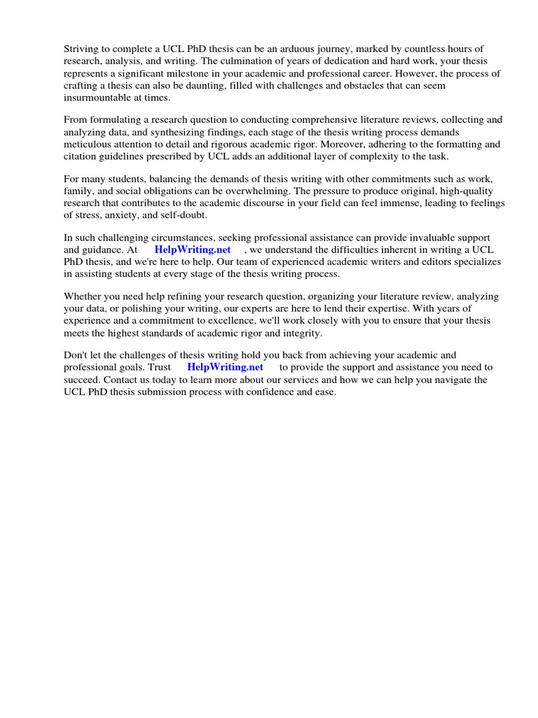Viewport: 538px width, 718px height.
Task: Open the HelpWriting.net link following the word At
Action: click(193, 250)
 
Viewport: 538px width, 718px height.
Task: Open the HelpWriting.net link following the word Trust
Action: click(226, 367)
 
